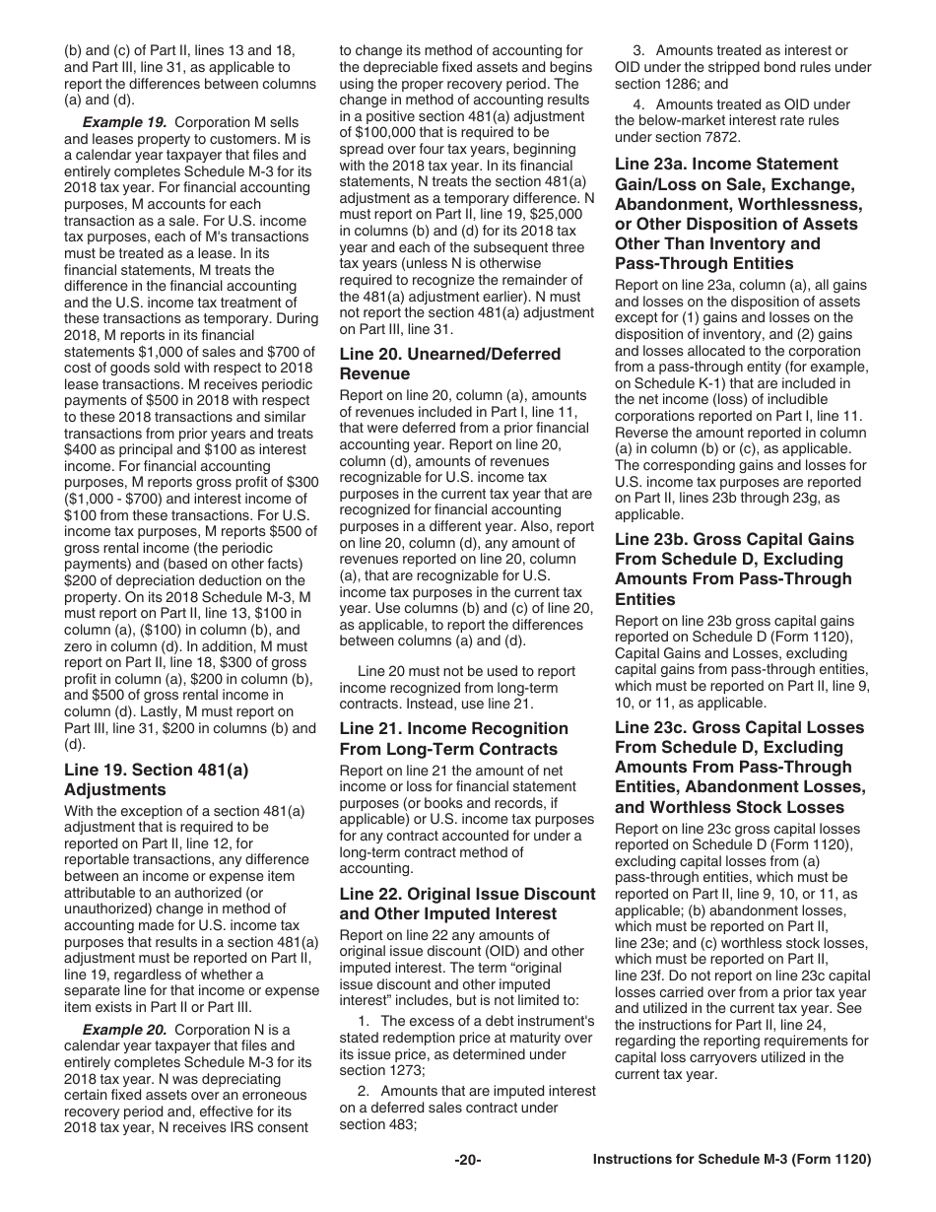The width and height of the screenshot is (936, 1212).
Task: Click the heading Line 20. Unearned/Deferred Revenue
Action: [x=449, y=364]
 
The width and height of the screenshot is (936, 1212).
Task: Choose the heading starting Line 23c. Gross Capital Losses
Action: [x=740, y=768]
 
